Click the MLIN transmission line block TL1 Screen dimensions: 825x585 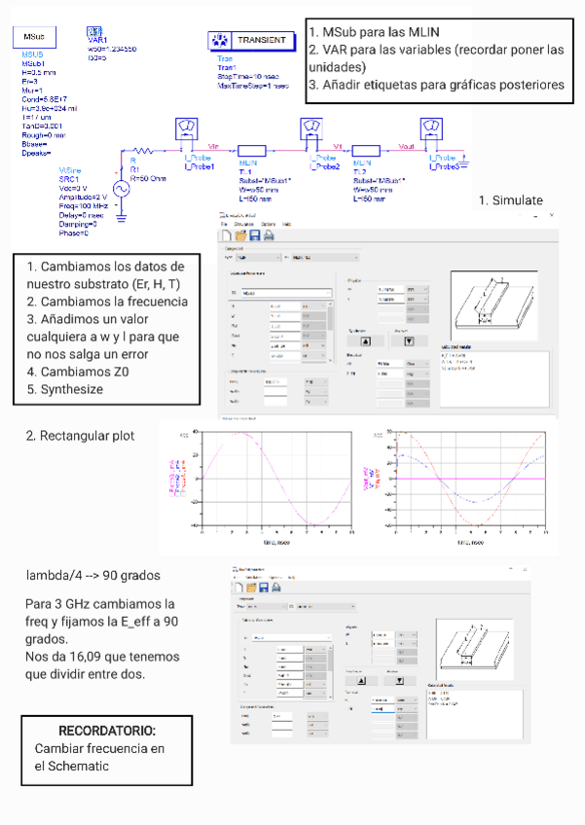(x=249, y=152)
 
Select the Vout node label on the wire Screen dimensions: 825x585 (x=408, y=146)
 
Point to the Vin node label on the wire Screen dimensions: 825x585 (x=215, y=146)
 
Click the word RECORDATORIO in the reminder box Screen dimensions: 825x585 (x=107, y=730)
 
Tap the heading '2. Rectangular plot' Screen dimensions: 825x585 (x=80, y=435)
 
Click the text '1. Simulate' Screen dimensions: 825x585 (x=511, y=199)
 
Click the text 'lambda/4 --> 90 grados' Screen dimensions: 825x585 (x=93, y=575)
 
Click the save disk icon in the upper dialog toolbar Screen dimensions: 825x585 (x=254, y=235)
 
